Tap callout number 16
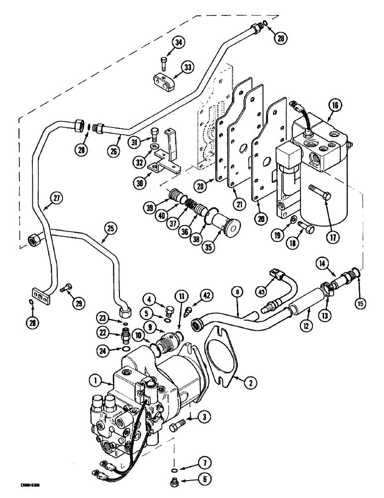pyautogui.click(x=335, y=105)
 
